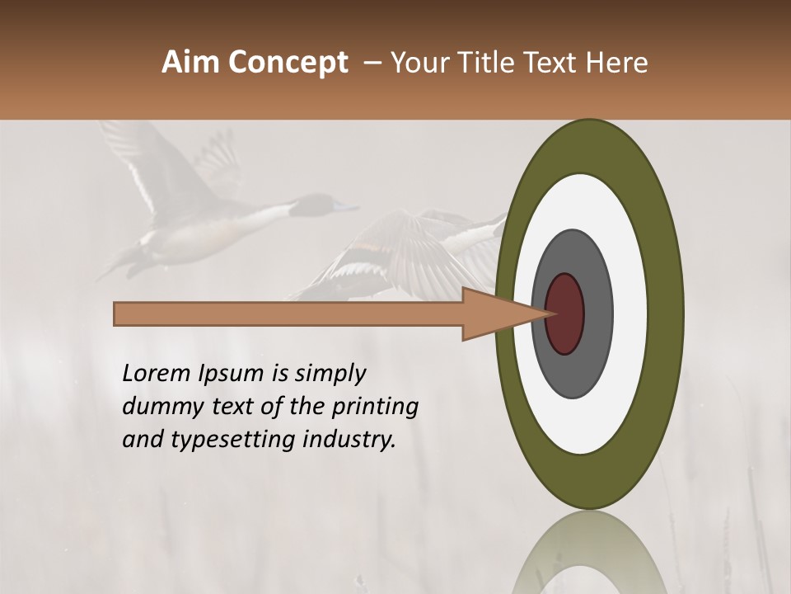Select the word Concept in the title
click(x=288, y=64)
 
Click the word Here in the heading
click(x=618, y=63)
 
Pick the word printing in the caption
click(x=375, y=408)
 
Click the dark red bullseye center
click(x=565, y=313)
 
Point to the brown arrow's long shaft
click(x=288, y=313)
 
